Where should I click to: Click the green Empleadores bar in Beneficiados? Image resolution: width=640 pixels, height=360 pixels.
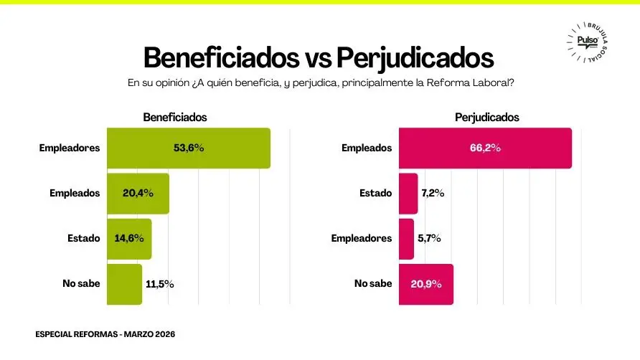point(188,148)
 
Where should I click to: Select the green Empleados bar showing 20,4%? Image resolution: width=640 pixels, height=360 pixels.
point(138,193)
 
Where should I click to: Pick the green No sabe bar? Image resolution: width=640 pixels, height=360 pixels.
point(124,283)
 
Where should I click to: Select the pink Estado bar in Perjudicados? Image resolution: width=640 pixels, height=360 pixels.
point(408,193)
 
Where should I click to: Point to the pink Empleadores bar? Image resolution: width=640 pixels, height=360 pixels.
point(406,238)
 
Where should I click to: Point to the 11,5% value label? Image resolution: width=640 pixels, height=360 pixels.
point(159,284)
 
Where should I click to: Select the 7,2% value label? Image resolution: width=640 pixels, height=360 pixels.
point(433,193)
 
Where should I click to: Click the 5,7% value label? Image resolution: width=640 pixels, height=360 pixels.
point(429,238)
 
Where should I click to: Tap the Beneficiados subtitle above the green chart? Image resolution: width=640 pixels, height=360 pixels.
point(175,117)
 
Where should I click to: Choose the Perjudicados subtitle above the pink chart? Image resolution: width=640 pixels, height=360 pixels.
point(487,117)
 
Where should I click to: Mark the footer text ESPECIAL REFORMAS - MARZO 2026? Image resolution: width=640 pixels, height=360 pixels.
point(105,334)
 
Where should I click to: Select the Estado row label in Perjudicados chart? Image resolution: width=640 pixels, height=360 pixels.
point(376,193)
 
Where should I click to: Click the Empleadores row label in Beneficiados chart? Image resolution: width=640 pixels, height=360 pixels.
point(70,148)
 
